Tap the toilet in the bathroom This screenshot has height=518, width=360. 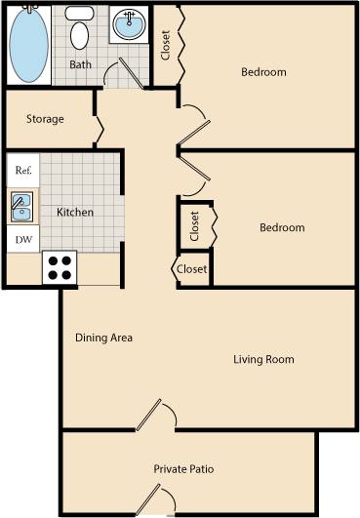80,31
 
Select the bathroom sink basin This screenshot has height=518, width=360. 128,23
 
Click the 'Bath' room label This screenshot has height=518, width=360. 80,65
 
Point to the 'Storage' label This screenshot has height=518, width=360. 45,119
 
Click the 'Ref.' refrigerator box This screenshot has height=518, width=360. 23,170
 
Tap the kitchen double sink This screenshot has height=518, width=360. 21,206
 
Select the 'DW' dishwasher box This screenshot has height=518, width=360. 22,238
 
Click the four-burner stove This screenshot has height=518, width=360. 60,267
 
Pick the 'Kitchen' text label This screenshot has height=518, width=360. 75,213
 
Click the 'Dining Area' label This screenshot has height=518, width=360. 103,339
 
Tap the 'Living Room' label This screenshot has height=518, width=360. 263,360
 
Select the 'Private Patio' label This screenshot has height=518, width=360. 185,469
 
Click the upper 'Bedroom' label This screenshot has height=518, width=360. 263,72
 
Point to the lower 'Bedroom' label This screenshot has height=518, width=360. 281,228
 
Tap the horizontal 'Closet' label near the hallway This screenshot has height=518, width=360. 191,269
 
